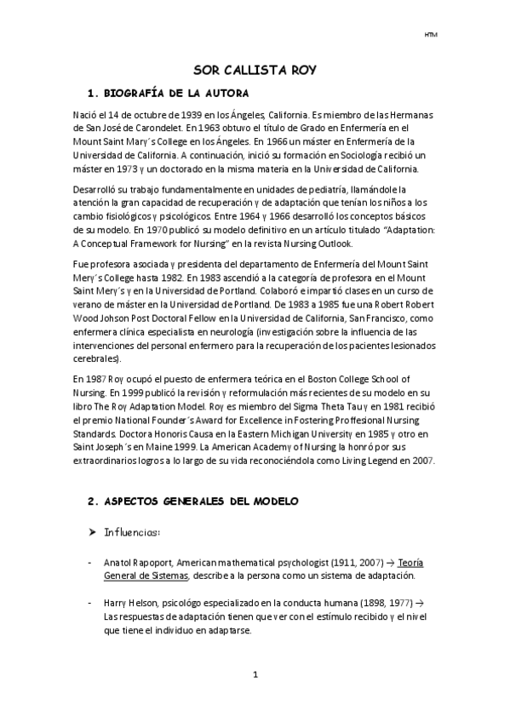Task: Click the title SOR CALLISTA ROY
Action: pyautogui.click(x=255, y=71)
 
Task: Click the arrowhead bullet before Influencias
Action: pyautogui.click(x=93, y=532)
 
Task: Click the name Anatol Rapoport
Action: pyautogui.click(x=135, y=563)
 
